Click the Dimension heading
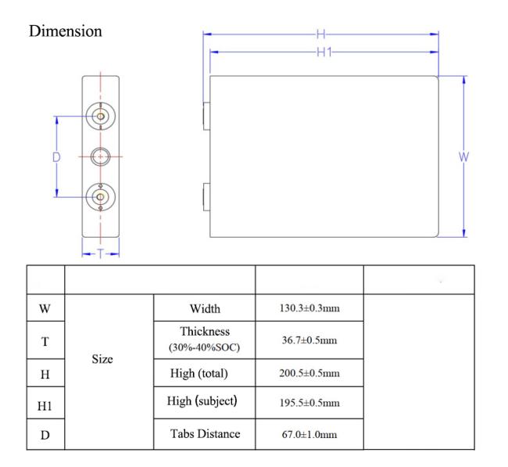click(x=66, y=31)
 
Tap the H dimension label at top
click(x=320, y=34)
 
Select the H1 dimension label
click(x=324, y=52)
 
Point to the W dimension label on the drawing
click(x=463, y=157)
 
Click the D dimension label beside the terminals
click(x=56, y=157)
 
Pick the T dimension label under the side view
click(x=101, y=253)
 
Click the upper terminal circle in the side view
click(x=101, y=116)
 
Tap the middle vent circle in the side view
click(x=101, y=156)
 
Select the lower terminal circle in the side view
click(x=101, y=197)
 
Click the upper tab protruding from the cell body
click(x=206, y=116)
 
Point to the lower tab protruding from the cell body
click(x=206, y=197)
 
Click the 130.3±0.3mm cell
click(x=309, y=307)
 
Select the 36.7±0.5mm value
click(x=309, y=339)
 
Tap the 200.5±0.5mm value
click(x=309, y=372)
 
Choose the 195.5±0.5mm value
click(x=309, y=403)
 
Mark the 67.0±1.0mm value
click(x=309, y=434)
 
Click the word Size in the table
click(x=102, y=359)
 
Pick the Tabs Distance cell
click(x=205, y=433)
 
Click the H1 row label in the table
click(x=45, y=406)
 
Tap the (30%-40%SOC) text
click(x=205, y=347)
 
